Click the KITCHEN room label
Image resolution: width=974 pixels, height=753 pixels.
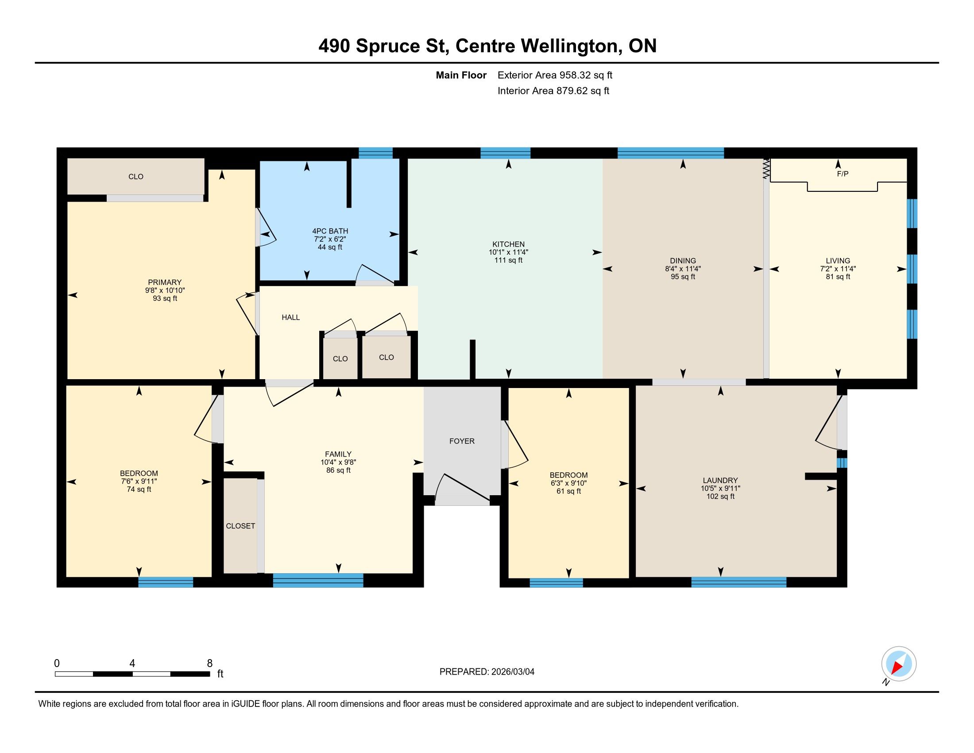pos(508,244)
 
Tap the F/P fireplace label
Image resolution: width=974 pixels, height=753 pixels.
pos(843,174)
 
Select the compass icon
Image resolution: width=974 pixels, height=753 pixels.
pos(899,664)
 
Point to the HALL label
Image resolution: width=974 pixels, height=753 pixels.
pos(291,317)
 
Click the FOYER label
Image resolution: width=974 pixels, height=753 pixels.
pos(462,441)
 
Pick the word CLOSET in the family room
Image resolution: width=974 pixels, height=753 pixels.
pos(240,526)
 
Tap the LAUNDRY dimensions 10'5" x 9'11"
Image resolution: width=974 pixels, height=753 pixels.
pos(720,489)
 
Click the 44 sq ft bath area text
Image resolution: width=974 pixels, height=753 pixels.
pos(330,247)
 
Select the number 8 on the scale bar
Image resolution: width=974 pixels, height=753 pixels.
pos(209,664)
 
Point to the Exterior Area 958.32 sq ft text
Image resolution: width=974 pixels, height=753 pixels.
pos(555,75)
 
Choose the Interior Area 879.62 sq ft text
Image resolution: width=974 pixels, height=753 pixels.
pos(553,91)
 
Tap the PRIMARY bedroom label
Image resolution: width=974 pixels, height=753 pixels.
pos(165,282)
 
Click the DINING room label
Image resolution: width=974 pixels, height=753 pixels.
pos(683,260)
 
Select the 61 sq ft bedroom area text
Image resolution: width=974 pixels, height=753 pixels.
pos(568,491)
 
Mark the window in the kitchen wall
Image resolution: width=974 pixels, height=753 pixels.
pos(505,153)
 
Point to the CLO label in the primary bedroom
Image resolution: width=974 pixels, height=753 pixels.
pos(136,177)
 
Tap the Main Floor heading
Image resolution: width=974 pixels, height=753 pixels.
pos(461,75)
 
